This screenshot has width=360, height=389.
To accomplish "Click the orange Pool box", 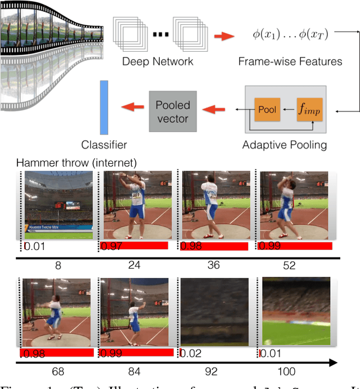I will (267, 109).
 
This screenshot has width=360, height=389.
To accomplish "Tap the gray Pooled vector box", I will (173, 111).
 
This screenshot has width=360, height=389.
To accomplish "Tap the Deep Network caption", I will (157, 61).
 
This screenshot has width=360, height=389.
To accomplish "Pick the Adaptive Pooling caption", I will (285, 145).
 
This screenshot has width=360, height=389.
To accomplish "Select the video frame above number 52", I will (295, 205).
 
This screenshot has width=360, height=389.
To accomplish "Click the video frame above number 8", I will (58, 205).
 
